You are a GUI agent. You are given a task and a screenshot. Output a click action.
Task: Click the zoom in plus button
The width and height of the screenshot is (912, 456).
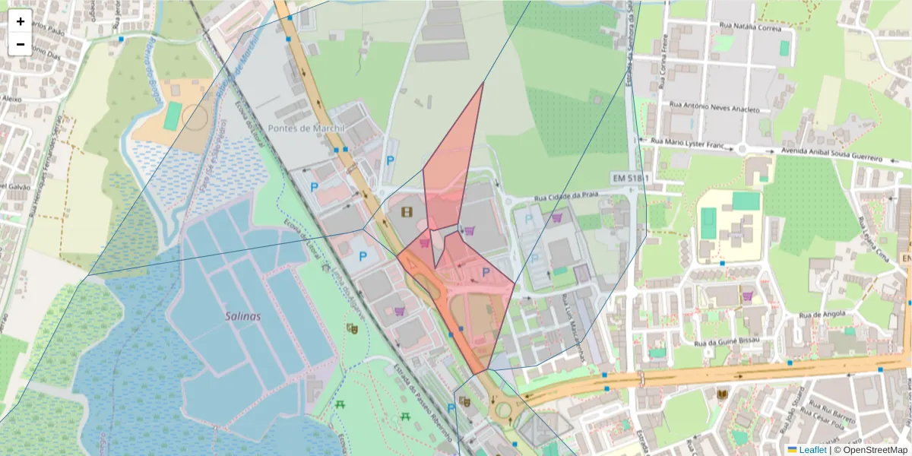point(21,21)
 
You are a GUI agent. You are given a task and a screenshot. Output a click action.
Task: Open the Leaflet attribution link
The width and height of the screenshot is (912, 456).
point(812,450)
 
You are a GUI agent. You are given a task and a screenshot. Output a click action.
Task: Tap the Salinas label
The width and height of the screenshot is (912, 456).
point(242,316)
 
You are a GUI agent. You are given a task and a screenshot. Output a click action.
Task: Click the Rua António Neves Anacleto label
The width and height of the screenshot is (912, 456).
point(714,106)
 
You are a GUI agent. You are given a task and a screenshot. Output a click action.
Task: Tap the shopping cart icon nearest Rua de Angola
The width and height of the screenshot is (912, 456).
point(747,296)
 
